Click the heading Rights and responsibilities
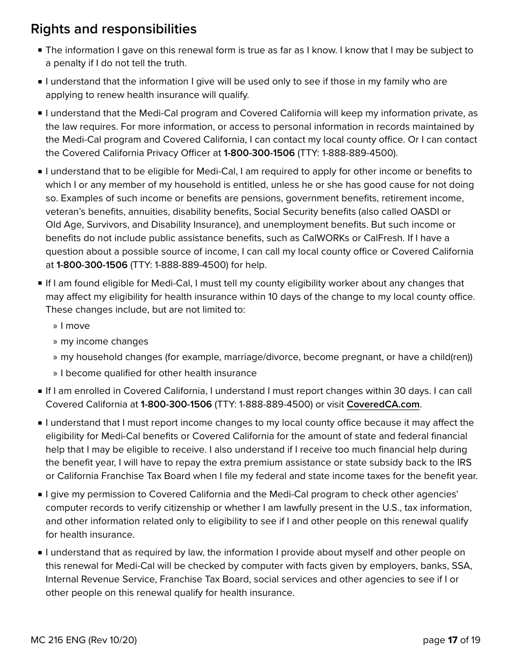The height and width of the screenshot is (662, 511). [x=113, y=29]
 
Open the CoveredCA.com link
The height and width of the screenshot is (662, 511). [x=382, y=404]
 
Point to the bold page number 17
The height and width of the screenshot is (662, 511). [x=452, y=640]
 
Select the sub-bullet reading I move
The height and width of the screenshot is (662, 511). [x=75, y=326]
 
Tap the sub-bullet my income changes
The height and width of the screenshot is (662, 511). [x=104, y=342]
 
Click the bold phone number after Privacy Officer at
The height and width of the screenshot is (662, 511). [x=259, y=153]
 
